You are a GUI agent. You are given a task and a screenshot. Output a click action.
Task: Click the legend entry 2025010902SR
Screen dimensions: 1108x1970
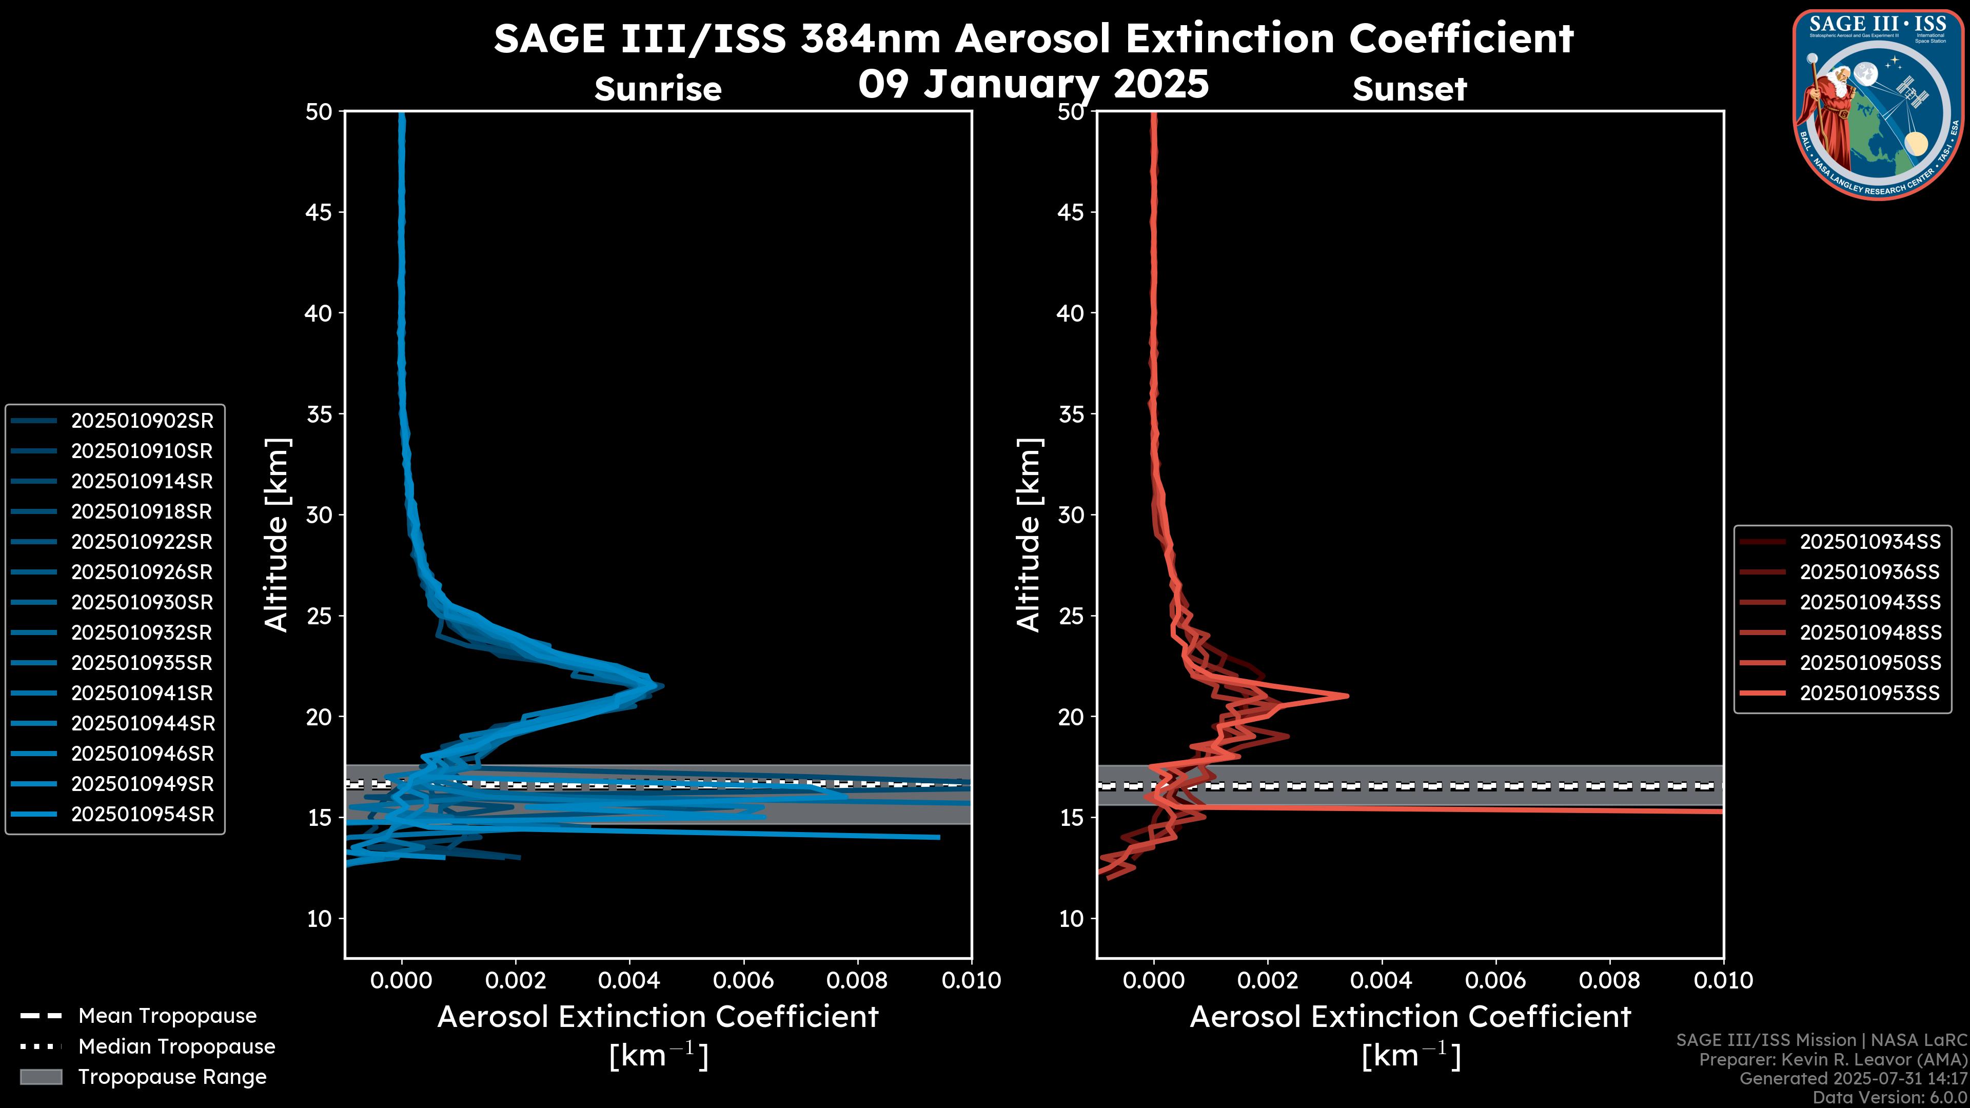tap(142, 421)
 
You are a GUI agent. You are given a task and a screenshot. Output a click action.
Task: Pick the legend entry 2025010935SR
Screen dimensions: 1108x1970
tap(142, 662)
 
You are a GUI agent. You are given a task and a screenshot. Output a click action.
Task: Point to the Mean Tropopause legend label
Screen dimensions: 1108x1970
tap(167, 1016)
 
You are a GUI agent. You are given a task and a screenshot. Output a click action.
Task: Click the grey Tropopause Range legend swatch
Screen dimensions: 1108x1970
tap(41, 1077)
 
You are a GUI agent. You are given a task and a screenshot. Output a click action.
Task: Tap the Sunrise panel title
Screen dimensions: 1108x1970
tap(658, 89)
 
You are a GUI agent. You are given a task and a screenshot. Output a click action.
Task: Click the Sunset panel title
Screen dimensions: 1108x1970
tap(1409, 89)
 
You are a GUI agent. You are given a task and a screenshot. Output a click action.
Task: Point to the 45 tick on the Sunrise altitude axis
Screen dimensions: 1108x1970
tap(319, 212)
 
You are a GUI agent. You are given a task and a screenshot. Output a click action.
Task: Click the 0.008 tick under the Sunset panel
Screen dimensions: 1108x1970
tap(1610, 980)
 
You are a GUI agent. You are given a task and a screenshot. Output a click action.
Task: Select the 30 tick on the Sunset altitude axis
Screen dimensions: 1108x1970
tap(1071, 515)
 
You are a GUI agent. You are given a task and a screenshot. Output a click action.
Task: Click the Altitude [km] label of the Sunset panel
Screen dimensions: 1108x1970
tap(1029, 535)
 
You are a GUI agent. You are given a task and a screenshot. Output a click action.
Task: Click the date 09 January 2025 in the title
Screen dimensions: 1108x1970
tap(1033, 84)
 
